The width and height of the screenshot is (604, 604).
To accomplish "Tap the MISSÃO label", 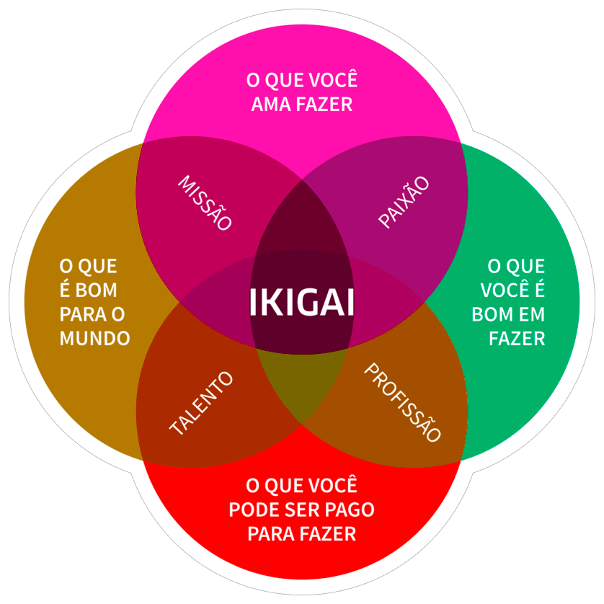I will point(205,203).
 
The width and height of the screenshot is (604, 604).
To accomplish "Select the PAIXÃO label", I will point(404,203).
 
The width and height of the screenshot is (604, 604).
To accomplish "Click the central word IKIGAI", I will point(302,303).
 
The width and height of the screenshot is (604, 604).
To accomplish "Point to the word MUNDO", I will point(94,338).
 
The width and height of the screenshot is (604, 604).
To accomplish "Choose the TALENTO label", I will point(202,404).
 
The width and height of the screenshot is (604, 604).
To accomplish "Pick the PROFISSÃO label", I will point(402,403).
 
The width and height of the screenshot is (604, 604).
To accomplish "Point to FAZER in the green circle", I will point(517,338).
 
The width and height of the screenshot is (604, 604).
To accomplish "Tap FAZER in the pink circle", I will point(324,105).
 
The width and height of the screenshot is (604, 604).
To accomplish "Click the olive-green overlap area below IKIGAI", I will point(301,382).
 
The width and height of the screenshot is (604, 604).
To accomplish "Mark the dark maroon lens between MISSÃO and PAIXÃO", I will point(301,216).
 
